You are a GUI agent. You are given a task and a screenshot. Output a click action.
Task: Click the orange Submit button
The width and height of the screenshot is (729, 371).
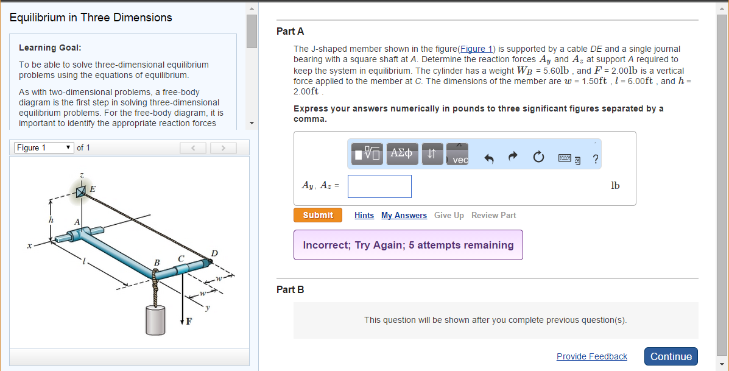(x=317, y=215)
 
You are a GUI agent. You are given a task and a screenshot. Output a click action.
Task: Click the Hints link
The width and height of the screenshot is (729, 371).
(x=364, y=216)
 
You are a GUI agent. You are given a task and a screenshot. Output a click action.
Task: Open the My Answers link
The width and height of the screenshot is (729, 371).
(x=404, y=216)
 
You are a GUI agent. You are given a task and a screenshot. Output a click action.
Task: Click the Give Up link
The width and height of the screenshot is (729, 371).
(x=449, y=216)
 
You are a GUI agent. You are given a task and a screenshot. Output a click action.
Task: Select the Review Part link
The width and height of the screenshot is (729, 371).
(x=493, y=216)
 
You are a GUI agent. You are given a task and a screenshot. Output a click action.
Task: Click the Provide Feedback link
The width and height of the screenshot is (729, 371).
(x=591, y=356)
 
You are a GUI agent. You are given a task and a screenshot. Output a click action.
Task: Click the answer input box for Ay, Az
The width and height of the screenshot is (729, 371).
(x=379, y=186)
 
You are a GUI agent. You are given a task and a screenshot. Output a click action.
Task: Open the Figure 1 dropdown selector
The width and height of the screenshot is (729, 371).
(x=43, y=147)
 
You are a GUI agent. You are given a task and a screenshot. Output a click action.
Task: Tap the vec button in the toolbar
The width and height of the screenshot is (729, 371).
(x=460, y=156)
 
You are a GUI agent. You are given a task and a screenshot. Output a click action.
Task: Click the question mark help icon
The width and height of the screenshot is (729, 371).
(x=595, y=160)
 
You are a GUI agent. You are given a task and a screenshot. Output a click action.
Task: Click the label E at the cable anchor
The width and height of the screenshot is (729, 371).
(x=93, y=189)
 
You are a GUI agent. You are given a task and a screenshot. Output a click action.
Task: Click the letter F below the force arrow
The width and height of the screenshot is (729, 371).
(x=189, y=322)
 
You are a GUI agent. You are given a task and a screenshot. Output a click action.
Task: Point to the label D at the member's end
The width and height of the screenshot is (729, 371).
(x=214, y=253)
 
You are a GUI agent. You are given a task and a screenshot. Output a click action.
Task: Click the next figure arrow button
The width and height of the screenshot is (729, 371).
(x=224, y=148)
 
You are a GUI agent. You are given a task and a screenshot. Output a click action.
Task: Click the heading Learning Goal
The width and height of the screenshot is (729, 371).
(x=50, y=48)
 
